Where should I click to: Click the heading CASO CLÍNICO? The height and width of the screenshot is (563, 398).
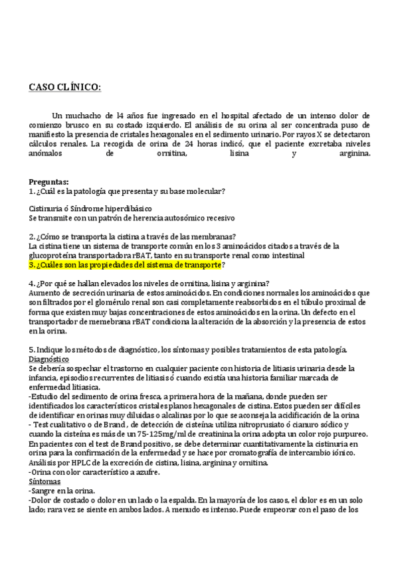(x=65, y=87)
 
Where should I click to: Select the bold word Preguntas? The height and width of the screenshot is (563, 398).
(x=49, y=181)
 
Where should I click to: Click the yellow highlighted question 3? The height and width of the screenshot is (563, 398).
(x=126, y=265)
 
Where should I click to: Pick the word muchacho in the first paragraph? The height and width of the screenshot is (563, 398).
(x=82, y=115)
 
